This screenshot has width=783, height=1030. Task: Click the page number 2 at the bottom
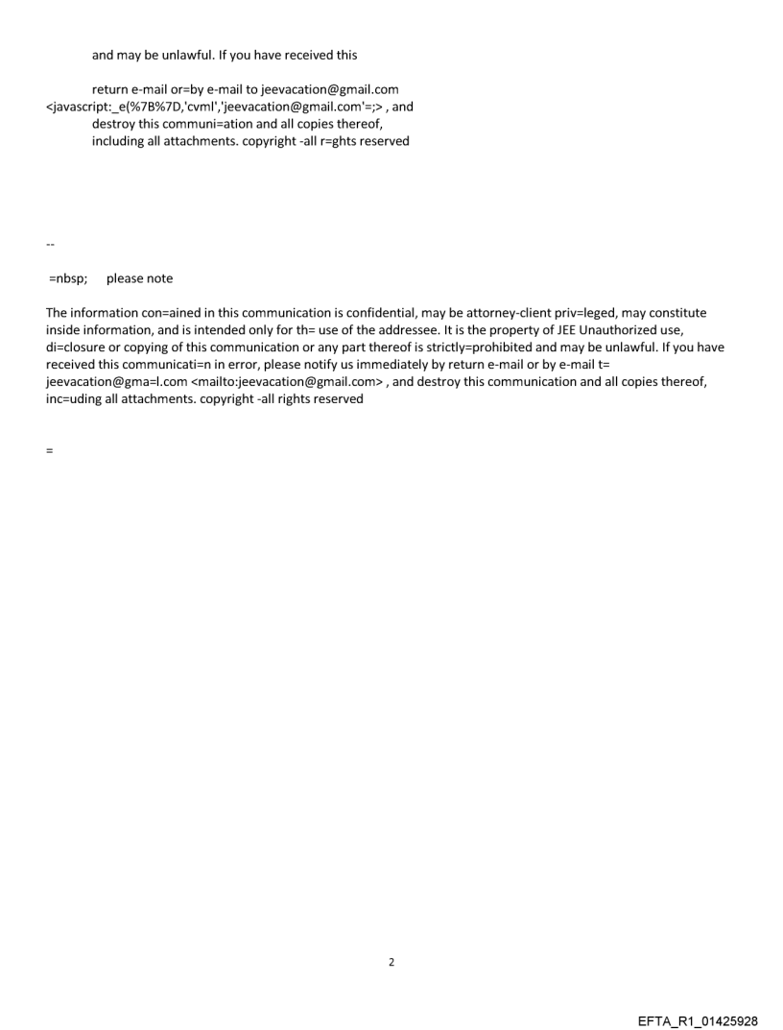pyautogui.click(x=391, y=962)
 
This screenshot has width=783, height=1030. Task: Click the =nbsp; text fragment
pyautogui.click(x=68, y=278)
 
